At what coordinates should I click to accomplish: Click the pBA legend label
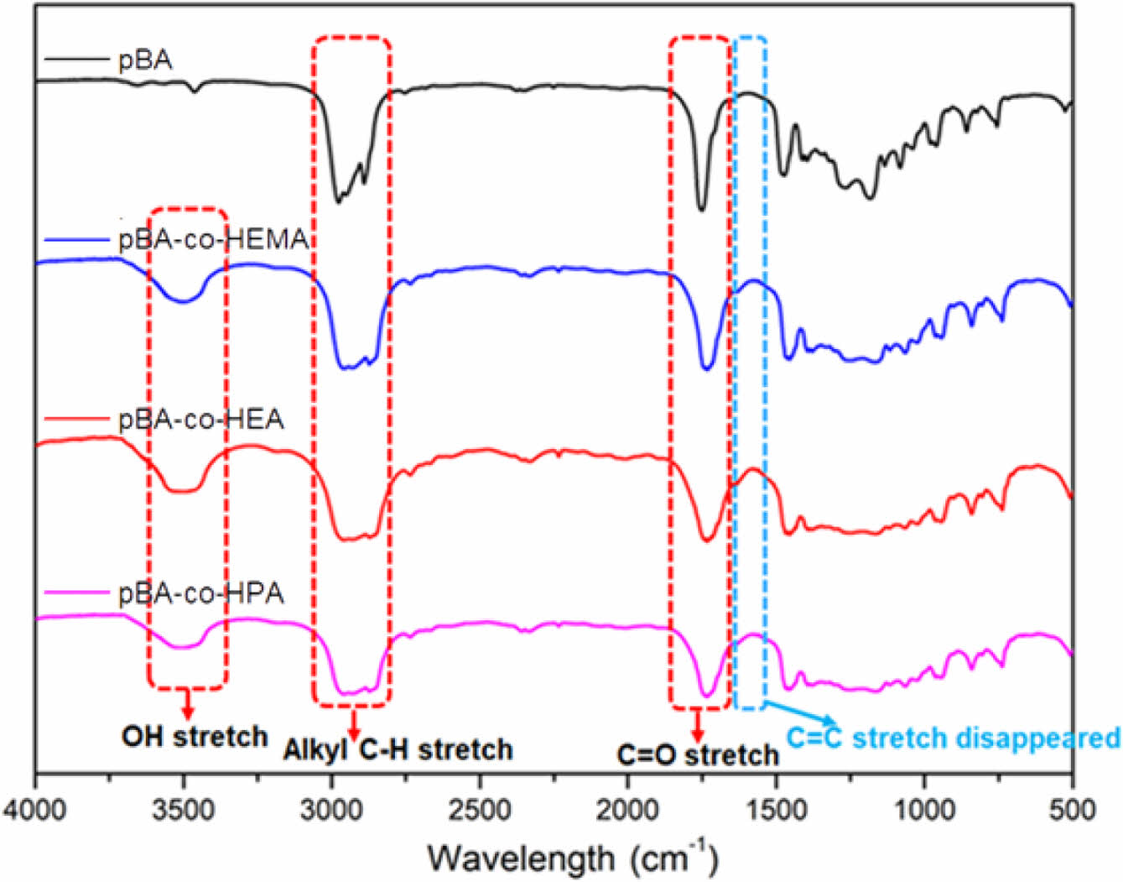pos(145,60)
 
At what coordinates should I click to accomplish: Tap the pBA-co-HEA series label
pos(200,418)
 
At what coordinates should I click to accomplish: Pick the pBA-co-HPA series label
pos(200,594)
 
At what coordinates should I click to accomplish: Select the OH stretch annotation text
pos(195,737)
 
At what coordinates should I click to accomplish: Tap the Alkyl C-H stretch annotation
pos(398,749)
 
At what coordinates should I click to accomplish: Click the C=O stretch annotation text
pos(698,755)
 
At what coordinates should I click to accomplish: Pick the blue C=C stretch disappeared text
pos(953,738)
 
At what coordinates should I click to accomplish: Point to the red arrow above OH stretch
pos(187,702)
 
